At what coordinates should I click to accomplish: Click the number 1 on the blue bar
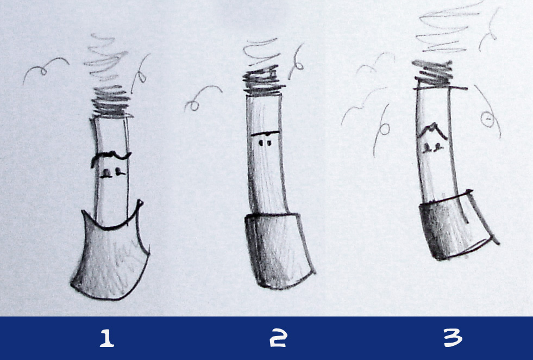click(x=107, y=338)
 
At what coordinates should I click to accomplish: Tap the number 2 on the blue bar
click(x=278, y=338)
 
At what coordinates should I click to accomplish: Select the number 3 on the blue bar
click(x=453, y=338)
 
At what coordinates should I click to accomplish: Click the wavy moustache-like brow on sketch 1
click(x=110, y=157)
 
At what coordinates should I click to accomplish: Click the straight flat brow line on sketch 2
click(x=265, y=133)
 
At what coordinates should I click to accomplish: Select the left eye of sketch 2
click(x=261, y=143)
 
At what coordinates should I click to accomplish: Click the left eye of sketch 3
click(x=427, y=148)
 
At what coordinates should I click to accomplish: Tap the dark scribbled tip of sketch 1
click(x=111, y=101)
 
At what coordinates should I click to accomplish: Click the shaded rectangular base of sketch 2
click(x=278, y=250)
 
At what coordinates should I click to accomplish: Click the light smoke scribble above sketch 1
click(x=105, y=58)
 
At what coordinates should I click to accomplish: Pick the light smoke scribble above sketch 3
click(x=449, y=27)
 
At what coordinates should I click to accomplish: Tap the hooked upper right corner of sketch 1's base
click(x=140, y=204)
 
